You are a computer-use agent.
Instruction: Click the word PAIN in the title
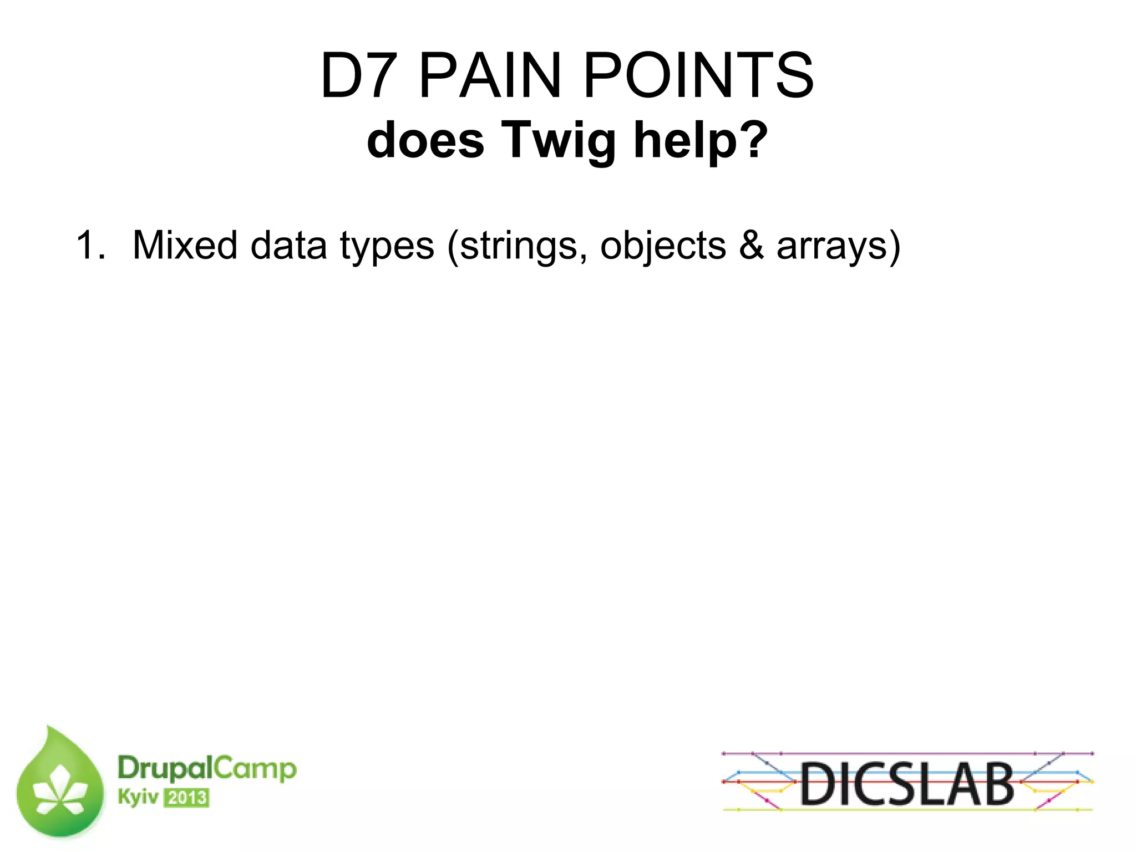[x=490, y=75]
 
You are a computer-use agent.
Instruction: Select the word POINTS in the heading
[x=699, y=75]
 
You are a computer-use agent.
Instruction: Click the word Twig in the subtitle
[x=559, y=141]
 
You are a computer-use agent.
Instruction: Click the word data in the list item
[x=288, y=245]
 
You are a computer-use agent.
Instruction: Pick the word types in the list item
[x=387, y=247]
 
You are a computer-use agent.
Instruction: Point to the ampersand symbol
[x=751, y=245]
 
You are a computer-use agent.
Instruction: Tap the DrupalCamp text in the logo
[x=207, y=768]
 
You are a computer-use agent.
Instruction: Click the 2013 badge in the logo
[x=187, y=798]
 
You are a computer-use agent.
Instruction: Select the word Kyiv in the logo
[x=138, y=798]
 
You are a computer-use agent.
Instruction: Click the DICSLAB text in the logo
[x=907, y=783]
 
